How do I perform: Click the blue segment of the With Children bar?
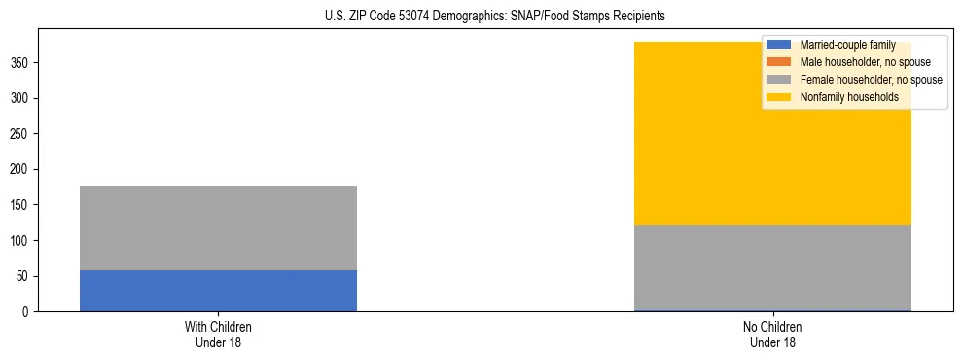click(218, 291)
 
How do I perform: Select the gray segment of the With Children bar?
click(218, 228)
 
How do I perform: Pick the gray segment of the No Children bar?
click(772, 268)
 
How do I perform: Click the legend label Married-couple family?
click(847, 45)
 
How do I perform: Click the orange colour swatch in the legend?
click(779, 62)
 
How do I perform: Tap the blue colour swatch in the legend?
click(779, 45)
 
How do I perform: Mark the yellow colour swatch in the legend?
click(779, 97)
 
